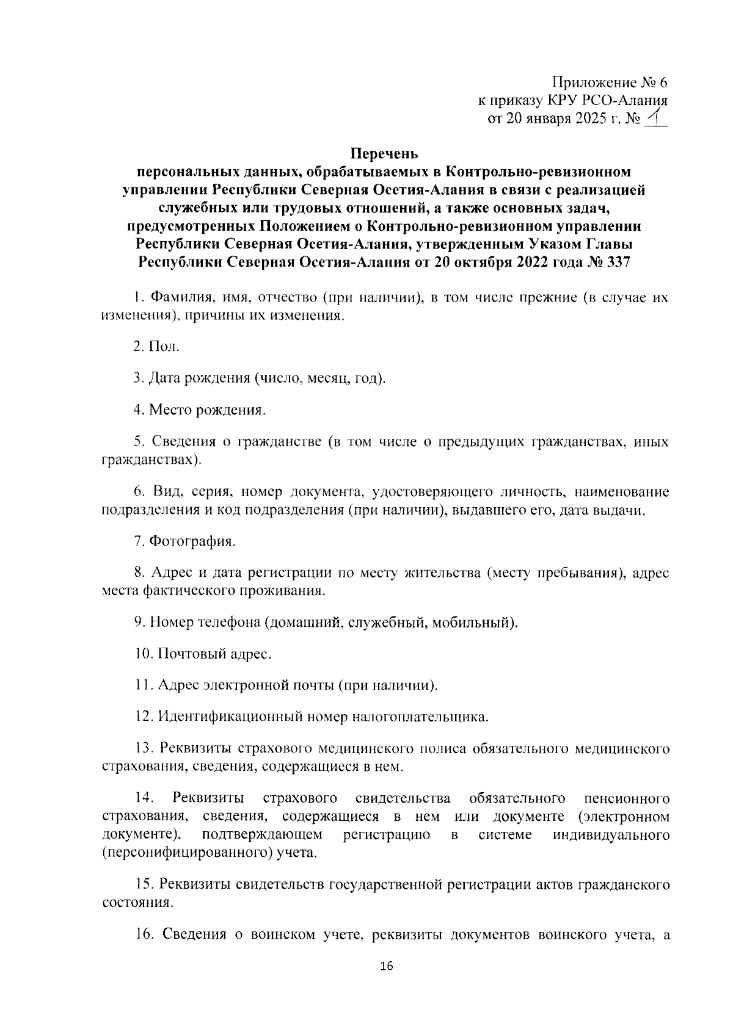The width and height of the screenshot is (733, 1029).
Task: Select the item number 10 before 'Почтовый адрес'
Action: tap(144, 654)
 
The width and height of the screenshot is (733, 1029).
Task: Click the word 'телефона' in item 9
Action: tap(230, 623)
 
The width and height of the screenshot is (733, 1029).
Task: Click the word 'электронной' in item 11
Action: tap(244, 685)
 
